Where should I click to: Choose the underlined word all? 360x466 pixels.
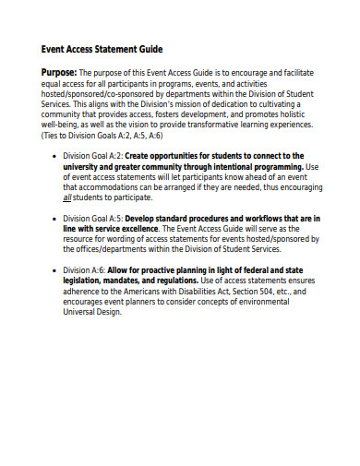80,197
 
